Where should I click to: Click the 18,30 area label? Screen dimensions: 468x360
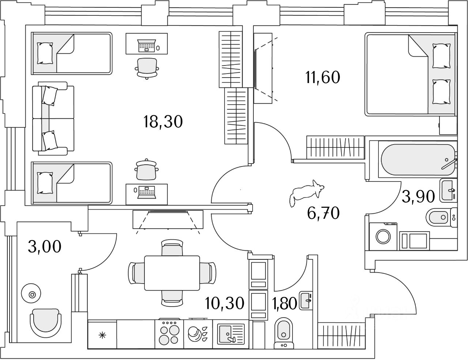pyautogui.click(x=163, y=122)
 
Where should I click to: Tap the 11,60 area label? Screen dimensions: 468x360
pyautogui.click(x=322, y=78)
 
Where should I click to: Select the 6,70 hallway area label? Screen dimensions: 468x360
pyautogui.click(x=323, y=213)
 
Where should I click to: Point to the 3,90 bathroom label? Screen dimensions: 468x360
pyautogui.click(x=418, y=197)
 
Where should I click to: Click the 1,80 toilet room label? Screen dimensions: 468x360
pyautogui.click(x=285, y=303)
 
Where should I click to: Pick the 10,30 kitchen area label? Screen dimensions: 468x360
pyautogui.click(x=224, y=303)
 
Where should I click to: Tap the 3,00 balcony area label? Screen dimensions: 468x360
pyautogui.click(x=45, y=247)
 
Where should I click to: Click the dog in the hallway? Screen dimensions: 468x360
pyautogui.click(x=306, y=192)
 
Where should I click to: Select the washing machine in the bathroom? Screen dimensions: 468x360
pyautogui.click(x=383, y=236)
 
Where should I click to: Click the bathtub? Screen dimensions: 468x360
pyautogui.click(x=418, y=159)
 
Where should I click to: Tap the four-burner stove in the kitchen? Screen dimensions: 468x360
pyautogui.click(x=169, y=334)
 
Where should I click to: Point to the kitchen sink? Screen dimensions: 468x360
pyautogui.click(x=231, y=334)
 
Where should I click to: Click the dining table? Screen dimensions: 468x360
pyautogui.click(x=172, y=273)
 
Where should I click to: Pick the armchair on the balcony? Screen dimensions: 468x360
pyautogui.click(x=46, y=323)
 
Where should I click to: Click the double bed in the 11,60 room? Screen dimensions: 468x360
pyautogui.click(x=411, y=74)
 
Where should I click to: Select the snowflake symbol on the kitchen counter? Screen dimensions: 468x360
pyautogui.click(x=102, y=335)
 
